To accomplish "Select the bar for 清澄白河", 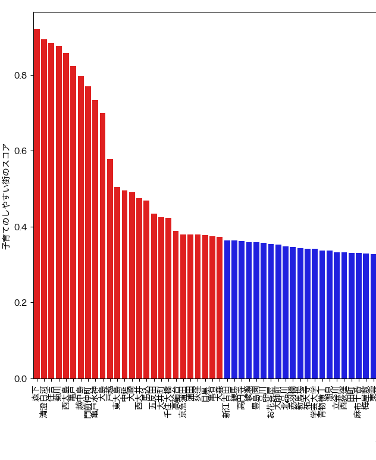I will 44,209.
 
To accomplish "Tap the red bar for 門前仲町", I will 88,232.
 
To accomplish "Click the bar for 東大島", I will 117,283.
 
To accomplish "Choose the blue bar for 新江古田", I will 227,309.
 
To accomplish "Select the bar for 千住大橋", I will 168,298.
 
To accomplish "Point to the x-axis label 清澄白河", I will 44,401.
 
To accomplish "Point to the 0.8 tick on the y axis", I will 20,76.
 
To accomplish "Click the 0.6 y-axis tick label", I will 20,151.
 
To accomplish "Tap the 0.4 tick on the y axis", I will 20,227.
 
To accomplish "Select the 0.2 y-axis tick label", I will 20,303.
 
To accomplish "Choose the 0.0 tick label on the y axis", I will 20,378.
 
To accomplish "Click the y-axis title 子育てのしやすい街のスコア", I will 6,196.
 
